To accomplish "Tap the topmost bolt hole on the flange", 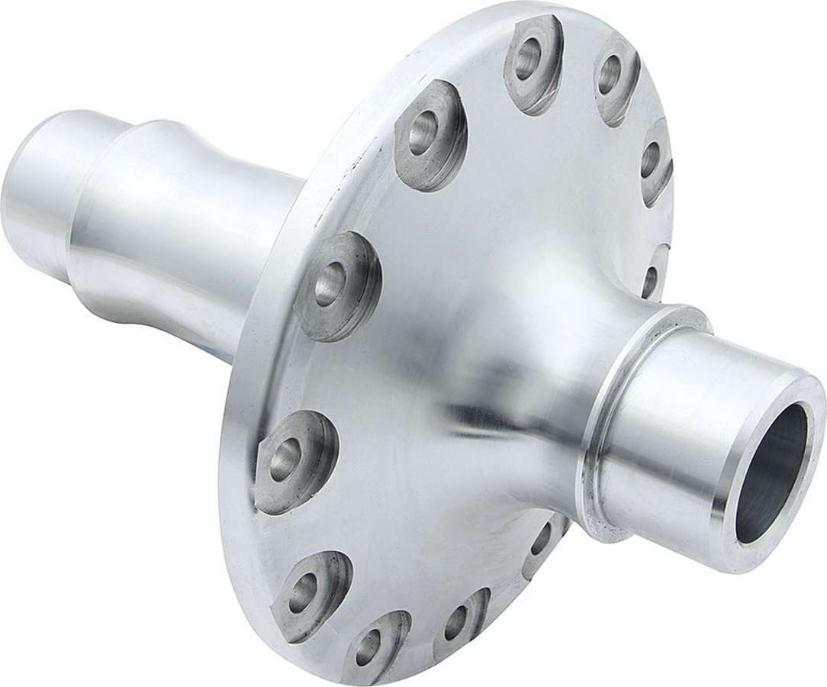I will coord(527,61).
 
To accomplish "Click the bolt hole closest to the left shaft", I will coord(329,283).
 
